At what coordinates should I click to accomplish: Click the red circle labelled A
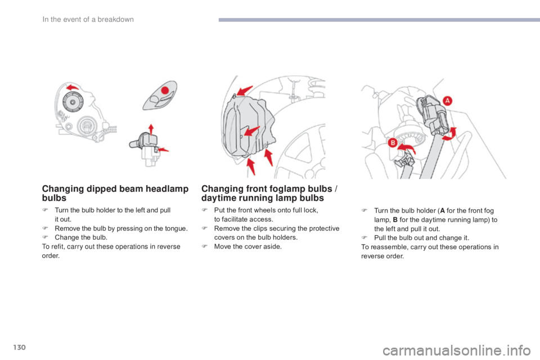click(447, 101)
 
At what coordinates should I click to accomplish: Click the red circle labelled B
click(392, 143)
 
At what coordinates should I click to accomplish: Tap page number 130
click(20, 347)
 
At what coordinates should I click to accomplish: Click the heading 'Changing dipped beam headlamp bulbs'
click(115, 193)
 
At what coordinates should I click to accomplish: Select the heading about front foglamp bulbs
click(269, 193)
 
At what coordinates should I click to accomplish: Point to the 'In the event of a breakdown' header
click(88, 19)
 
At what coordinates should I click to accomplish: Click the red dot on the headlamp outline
click(165, 90)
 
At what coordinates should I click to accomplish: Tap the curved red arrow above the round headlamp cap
click(73, 87)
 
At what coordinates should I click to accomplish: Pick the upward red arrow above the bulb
click(151, 129)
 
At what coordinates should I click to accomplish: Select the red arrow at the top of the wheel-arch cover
click(244, 91)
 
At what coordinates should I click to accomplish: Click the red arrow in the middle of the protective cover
click(252, 131)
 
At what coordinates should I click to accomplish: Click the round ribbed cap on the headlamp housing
click(73, 102)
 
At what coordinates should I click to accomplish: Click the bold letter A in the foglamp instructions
click(442, 210)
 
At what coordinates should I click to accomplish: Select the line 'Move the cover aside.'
click(248, 247)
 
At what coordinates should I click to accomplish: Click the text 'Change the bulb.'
click(81, 237)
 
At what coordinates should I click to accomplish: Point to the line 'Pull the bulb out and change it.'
click(421, 238)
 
